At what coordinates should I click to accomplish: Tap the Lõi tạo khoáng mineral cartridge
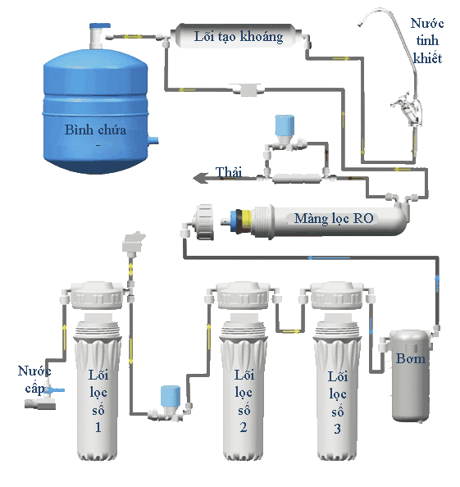pyautogui.click(x=237, y=36)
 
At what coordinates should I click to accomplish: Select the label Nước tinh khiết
pyautogui.click(x=427, y=41)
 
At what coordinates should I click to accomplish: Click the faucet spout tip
pyautogui.click(x=360, y=24)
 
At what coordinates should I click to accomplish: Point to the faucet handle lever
pyautogui.click(x=401, y=101)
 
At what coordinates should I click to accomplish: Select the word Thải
pyautogui.click(x=229, y=172)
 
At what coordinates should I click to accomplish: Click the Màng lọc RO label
pyautogui.click(x=334, y=218)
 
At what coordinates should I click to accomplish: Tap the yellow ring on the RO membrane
pyautogui.click(x=246, y=221)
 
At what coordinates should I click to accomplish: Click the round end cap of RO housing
pyautogui.click(x=203, y=221)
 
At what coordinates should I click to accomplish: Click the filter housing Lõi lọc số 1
pyautogui.click(x=97, y=371)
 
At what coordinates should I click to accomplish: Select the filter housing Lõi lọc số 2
pyautogui.click(x=243, y=371)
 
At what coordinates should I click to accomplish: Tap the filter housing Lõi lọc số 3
pyautogui.click(x=337, y=371)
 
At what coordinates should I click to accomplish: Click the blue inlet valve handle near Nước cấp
pyautogui.click(x=56, y=389)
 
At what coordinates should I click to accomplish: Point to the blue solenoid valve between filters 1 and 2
pyautogui.click(x=171, y=396)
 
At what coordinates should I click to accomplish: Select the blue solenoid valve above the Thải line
pyautogui.click(x=285, y=126)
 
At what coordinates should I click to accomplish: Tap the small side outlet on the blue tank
pyautogui.click(x=153, y=140)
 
